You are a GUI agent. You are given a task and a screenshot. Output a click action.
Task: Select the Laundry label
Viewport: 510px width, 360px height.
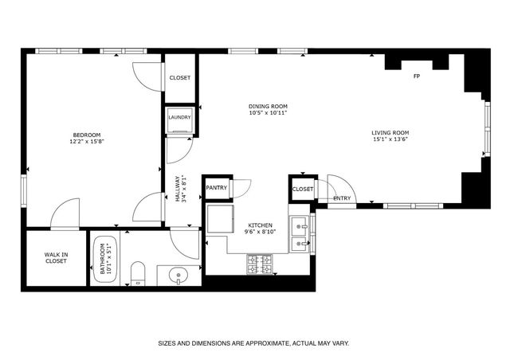(179, 118)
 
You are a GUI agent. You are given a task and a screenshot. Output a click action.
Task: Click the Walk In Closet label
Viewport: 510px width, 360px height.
(56, 257)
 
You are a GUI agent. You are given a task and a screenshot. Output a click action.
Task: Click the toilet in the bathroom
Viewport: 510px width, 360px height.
(136, 273)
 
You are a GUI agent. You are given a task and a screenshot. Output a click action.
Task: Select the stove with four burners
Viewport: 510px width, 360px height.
(259, 264)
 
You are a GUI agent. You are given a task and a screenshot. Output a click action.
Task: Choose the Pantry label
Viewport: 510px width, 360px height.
(217, 188)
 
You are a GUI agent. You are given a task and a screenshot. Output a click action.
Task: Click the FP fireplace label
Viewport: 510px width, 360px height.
(416, 76)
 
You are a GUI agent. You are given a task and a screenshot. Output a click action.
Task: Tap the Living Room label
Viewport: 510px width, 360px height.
(390, 132)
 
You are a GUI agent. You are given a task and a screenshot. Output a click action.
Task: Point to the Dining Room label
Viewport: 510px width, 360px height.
(267, 106)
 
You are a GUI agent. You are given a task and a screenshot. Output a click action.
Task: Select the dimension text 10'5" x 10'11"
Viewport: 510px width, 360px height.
(267, 113)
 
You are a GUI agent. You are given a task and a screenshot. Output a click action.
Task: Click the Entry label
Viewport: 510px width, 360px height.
(342, 198)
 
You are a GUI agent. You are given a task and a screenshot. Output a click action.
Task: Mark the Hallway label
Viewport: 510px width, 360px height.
(177, 189)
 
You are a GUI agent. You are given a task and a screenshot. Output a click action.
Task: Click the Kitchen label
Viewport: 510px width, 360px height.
(261, 225)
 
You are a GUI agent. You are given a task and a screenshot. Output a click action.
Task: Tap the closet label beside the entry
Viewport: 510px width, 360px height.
(302, 189)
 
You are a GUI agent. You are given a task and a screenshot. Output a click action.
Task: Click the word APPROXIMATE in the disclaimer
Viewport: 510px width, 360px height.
(265, 344)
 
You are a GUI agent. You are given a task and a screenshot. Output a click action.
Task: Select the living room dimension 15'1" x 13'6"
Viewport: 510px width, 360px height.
(390, 139)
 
